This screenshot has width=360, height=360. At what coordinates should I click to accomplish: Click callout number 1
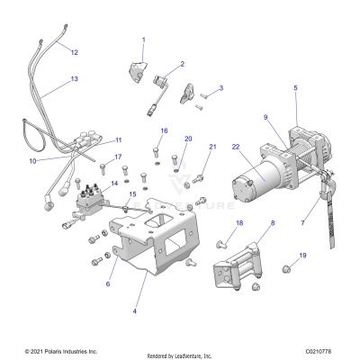[x=142, y=40]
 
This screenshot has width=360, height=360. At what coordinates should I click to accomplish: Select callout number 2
[x=182, y=64]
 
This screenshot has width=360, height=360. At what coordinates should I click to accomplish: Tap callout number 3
[x=220, y=88]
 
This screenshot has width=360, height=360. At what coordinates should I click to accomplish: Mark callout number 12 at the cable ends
[x=75, y=52]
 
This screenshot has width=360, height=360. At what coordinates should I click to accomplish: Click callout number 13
[x=74, y=80]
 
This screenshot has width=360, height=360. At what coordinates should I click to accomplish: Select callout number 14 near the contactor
[x=113, y=183]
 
